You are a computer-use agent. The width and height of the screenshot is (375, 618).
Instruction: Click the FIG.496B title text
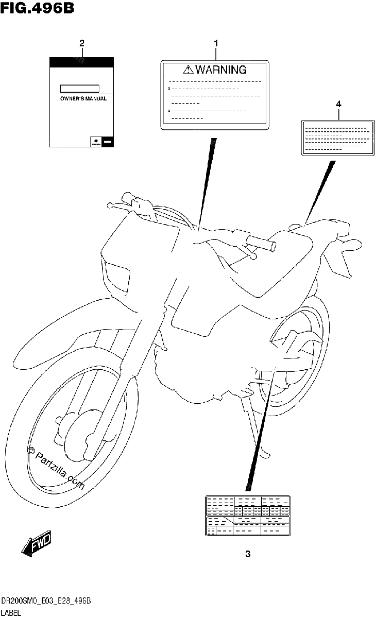pos(37,8)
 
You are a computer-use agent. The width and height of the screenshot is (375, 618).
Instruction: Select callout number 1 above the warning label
pos(216,43)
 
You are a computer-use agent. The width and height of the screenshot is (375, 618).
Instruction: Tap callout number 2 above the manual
pos(82,43)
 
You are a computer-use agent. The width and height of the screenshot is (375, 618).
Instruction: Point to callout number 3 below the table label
pos(248,554)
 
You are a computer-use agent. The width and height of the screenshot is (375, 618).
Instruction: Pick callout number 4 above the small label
pos(338,104)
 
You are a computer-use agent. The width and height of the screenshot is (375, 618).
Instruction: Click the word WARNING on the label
pos(221,70)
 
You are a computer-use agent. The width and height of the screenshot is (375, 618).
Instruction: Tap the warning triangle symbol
pos(188,70)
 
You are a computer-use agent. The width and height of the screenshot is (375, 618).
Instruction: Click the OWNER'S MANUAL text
pos(83,98)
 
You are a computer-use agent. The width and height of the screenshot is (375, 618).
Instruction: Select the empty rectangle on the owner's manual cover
pos(80,89)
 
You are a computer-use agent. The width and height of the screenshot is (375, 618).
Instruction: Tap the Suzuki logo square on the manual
pos(96,142)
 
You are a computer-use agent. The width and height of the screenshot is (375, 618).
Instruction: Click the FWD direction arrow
pos(37,542)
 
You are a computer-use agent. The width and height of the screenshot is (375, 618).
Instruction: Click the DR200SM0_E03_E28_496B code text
pos(46,601)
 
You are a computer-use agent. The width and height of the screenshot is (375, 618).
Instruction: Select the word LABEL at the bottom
pos(11,613)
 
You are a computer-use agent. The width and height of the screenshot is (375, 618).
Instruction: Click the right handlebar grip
pos(261,243)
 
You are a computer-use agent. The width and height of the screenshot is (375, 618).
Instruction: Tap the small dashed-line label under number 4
pos(338,138)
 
